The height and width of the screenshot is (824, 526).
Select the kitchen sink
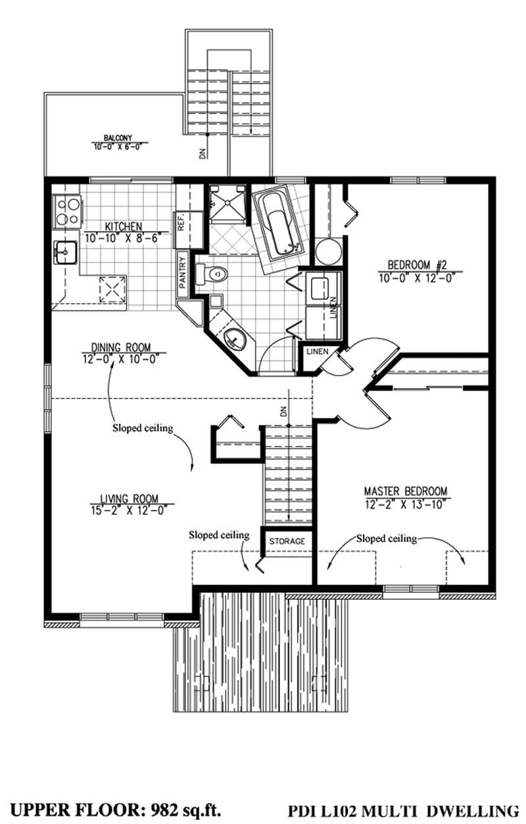point(66,252)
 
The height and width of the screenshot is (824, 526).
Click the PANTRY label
point(183,271)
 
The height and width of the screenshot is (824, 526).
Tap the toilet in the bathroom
point(215,274)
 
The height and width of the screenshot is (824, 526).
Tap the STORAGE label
point(287,541)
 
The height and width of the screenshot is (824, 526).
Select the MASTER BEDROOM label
point(406,491)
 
